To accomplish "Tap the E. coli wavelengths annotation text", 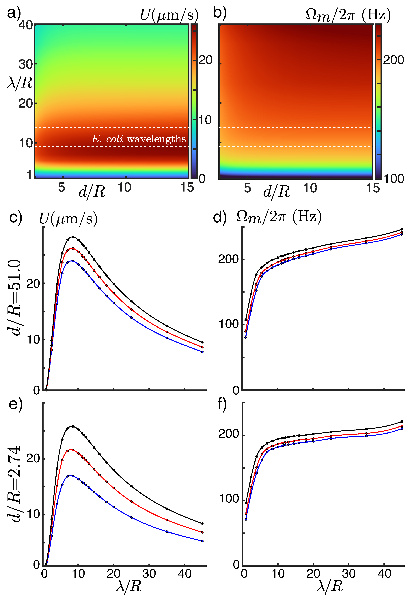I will [x=139, y=139].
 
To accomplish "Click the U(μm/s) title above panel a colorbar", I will [x=169, y=15].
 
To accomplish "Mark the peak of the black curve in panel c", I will [x=73, y=237].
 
